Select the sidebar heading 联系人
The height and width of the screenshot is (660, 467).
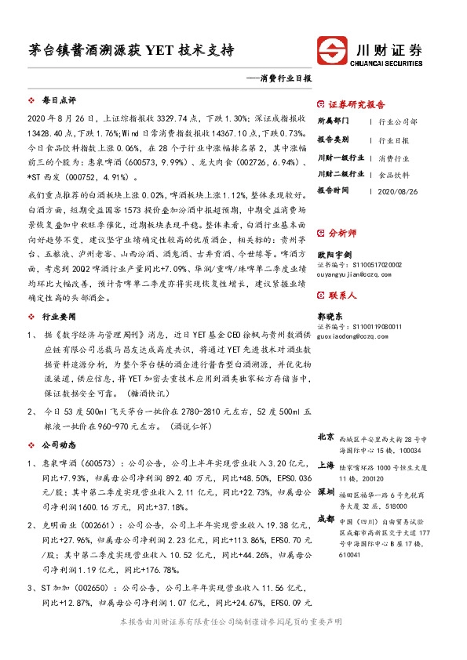[x=342, y=296]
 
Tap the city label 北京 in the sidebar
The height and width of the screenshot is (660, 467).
[x=326, y=437]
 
